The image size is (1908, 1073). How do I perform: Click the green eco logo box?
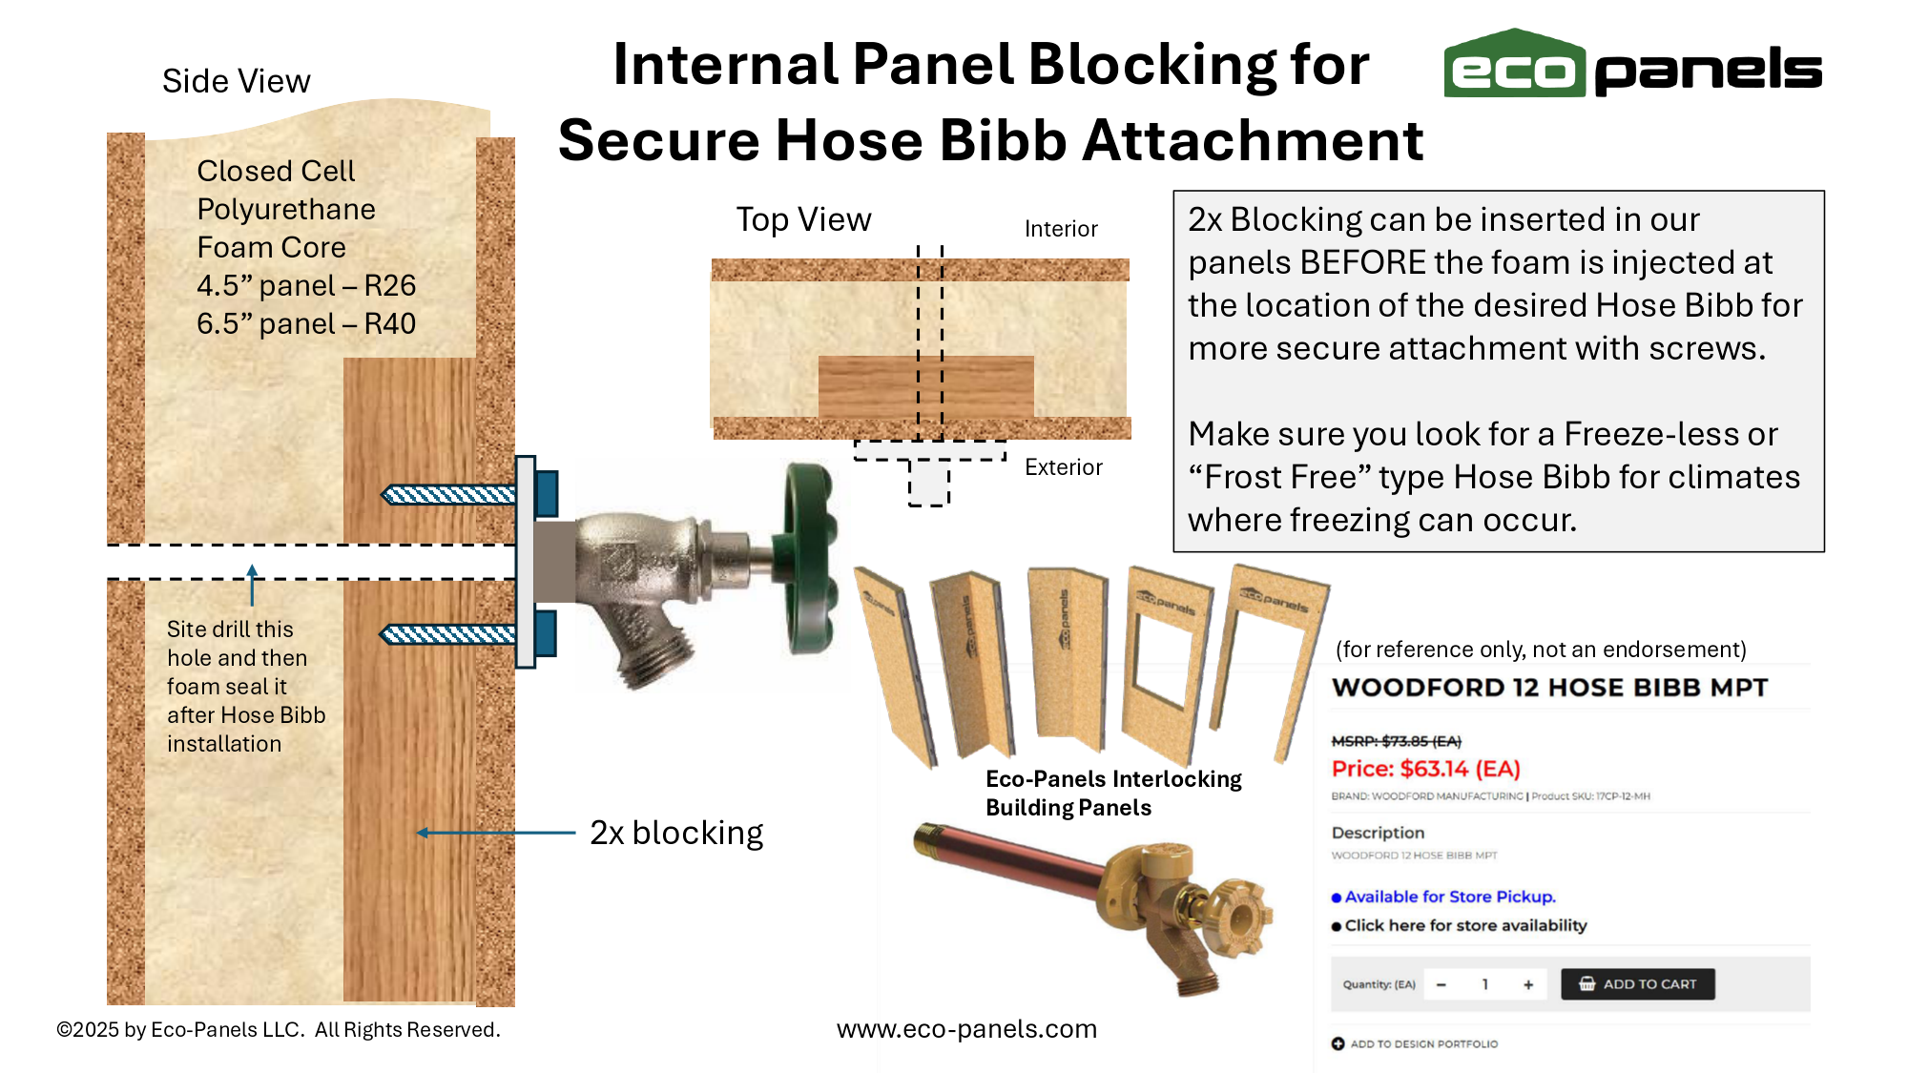(x=1514, y=64)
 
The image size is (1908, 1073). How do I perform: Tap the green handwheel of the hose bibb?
(x=809, y=561)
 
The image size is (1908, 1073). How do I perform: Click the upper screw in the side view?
(x=448, y=494)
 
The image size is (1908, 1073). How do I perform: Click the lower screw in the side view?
(x=448, y=634)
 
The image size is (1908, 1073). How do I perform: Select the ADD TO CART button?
(x=1637, y=984)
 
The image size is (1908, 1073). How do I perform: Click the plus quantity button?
(x=1528, y=984)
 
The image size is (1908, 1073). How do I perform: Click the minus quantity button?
(x=1441, y=984)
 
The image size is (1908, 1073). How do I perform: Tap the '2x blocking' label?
(x=676, y=833)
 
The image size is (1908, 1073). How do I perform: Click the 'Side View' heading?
(x=237, y=81)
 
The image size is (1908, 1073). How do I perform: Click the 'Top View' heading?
(x=803, y=220)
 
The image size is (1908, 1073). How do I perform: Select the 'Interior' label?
(x=1061, y=229)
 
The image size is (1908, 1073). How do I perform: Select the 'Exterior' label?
(x=1064, y=467)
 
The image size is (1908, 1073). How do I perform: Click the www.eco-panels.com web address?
(x=966, y=1029)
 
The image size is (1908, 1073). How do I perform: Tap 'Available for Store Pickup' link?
(x=1450, y=897)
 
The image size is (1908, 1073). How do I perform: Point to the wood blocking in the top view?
(x=926, y=386)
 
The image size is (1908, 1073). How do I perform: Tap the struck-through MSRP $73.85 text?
(x=1397, y=741)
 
